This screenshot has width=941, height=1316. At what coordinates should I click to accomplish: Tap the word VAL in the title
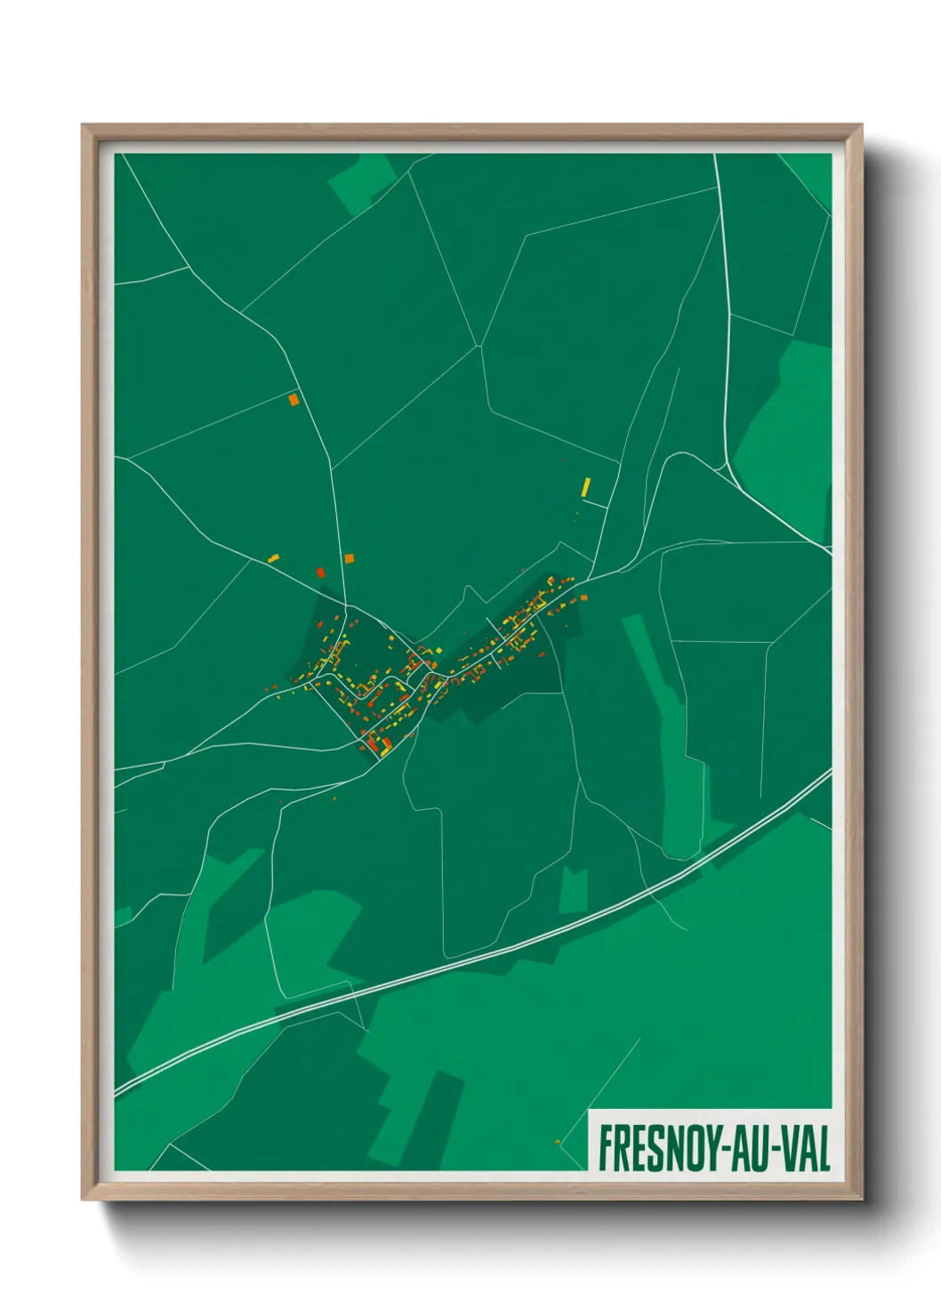806,1149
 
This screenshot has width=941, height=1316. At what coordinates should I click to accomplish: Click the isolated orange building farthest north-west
294,400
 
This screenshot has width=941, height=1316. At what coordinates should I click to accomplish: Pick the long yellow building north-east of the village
585,487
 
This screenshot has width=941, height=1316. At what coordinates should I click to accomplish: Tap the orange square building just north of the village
350,558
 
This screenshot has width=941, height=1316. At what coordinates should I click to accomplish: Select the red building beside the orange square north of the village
320,573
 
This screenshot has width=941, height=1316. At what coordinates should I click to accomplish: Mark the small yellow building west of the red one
273,558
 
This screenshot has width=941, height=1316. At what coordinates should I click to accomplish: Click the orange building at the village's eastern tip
583,598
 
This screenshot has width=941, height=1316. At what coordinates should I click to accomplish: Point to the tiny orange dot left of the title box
558,1142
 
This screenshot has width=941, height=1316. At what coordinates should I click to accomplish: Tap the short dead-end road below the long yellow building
595,504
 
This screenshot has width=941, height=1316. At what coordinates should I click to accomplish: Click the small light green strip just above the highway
574,890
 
